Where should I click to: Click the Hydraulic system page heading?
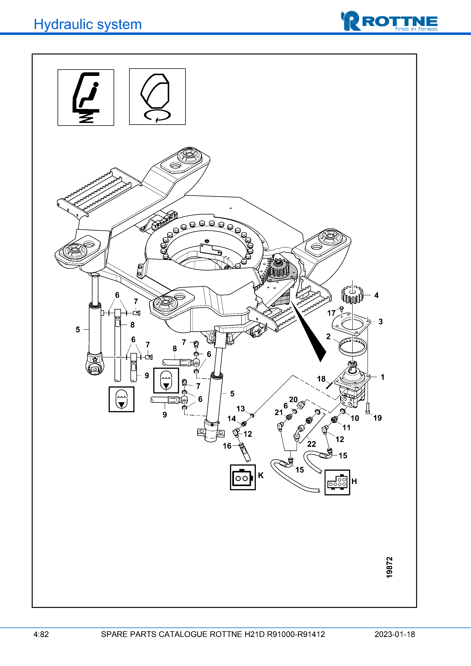(x=88, y=24)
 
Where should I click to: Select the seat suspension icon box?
(x=86, y=98)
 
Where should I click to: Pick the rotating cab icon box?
(x=157, y=97)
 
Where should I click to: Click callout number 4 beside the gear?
(x=376, y=295)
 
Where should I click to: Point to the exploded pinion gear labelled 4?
(x=352, y=294)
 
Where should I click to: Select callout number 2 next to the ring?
(x=328, y=337)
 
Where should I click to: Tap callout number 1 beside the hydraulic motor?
(x=382, y=377)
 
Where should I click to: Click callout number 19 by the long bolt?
(x=377, y=418)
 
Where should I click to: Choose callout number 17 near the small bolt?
(x=331, y=313)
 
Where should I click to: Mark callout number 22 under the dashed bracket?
(x=311, y=444)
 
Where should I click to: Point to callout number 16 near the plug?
(x=227, y=446)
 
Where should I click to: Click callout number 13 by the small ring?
(x=241, y=409)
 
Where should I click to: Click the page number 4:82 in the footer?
(x=41, y=634)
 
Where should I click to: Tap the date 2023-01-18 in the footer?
(x=395, y=634)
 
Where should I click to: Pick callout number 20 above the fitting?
(x=293, y=399)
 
